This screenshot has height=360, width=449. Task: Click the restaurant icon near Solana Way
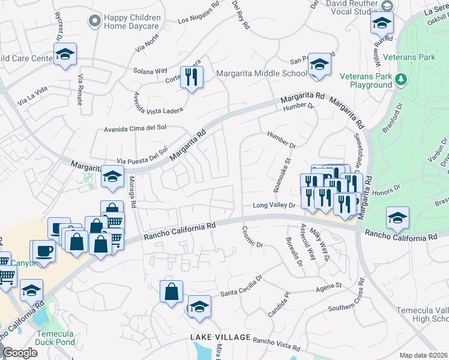click(191, 77)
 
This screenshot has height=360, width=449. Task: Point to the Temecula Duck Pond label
click(55, 338)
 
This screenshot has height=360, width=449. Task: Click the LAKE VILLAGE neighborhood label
click(220, 338)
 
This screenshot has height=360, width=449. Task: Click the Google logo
click(19, 352)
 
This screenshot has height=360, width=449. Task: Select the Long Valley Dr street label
click(274, 206)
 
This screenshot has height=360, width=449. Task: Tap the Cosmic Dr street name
click(253, 236)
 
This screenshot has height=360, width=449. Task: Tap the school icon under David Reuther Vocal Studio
click(381, 23)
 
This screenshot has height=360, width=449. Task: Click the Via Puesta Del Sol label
click(142, 157)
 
